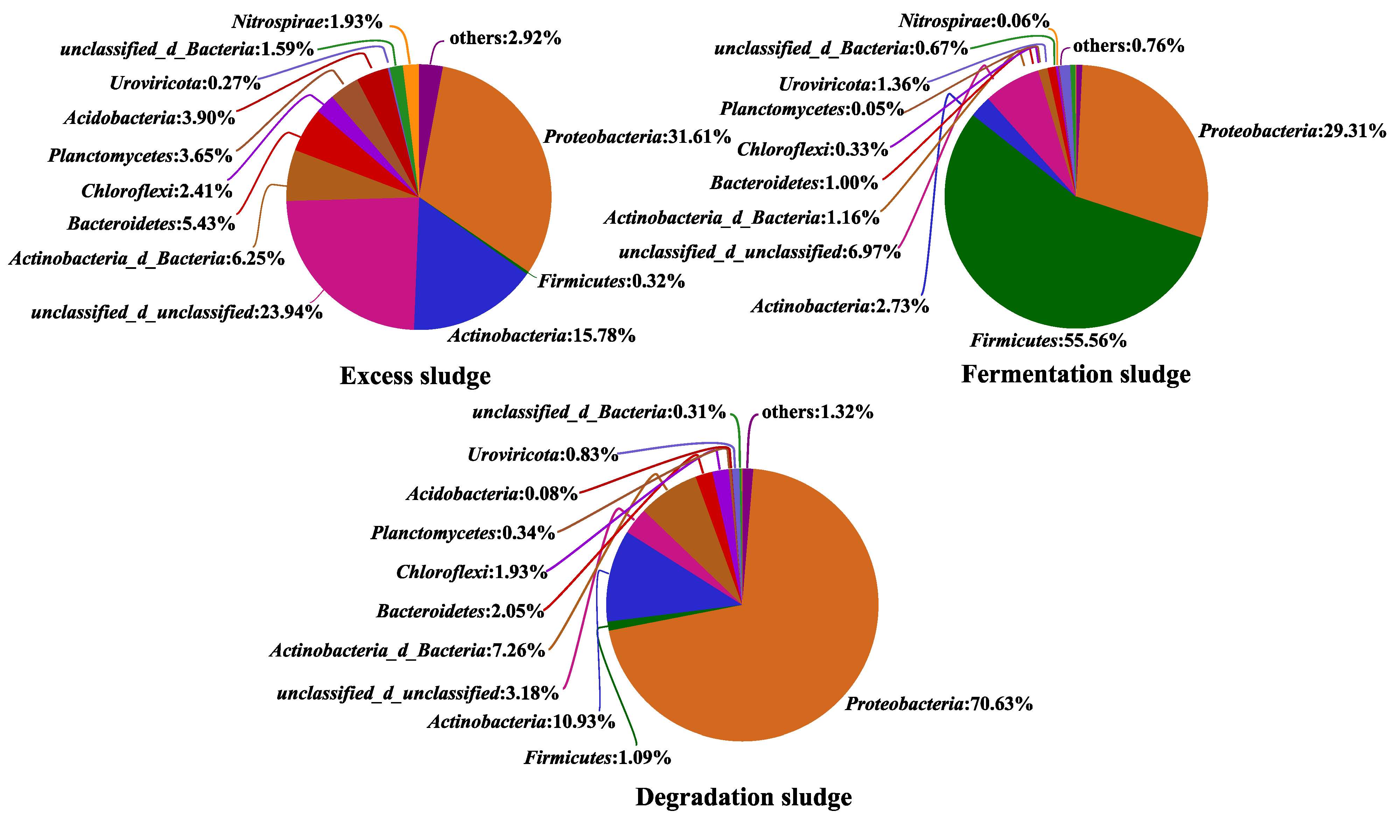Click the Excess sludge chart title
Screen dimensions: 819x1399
pyautogui.click(x=415, y=376)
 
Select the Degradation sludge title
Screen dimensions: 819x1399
pyautogui.click(x=743, y=797)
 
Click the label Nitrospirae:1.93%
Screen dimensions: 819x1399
pyautogui.click(x=307, y=22)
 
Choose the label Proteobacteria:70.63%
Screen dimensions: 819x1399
pyautogui.click(x=939, y=704)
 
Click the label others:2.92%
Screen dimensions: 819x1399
pyautogui.click(x=505, y=38)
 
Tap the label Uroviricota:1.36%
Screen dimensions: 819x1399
pyautogui.click(x=854, y=84)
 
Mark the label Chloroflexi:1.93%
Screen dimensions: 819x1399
pyautogui.click(x=472, y=572)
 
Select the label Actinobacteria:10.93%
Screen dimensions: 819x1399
pyautogui.click(x=521, y=722)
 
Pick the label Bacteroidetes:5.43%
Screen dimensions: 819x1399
pyautogui.click(x=151, y=223)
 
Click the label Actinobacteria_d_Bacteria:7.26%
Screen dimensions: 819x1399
pyautogui.click(x=407, y=650)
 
